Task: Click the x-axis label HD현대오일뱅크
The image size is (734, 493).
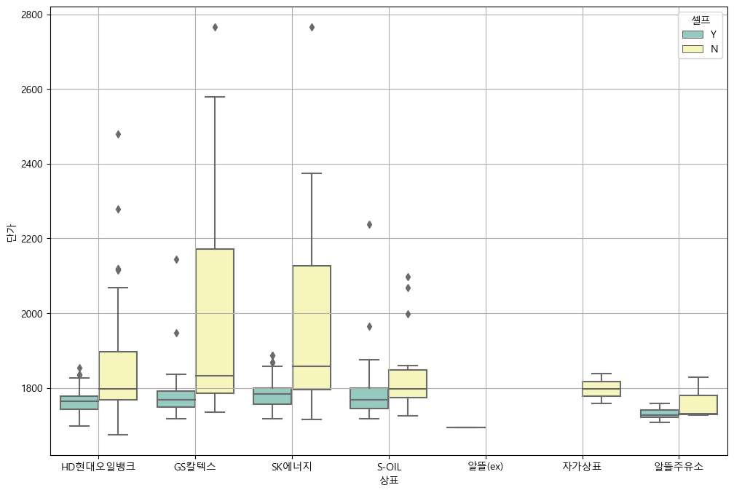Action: point(98,466)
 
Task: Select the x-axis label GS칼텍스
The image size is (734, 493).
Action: point(195,466)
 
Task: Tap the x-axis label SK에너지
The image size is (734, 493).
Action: point(292,466)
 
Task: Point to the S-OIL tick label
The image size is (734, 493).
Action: point(389,466)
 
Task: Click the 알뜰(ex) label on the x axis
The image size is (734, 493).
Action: point(486,466)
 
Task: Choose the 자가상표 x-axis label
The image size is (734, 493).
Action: point(583,466)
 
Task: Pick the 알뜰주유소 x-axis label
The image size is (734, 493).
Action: point(679,466)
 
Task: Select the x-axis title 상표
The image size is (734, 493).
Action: point(389,480)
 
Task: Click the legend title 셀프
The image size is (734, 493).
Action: point(701,19)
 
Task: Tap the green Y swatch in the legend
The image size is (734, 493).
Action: point(692,34)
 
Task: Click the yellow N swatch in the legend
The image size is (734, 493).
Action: point(692,49)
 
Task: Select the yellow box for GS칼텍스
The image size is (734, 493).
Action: point(215,320)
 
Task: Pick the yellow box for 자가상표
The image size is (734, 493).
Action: point(601,389)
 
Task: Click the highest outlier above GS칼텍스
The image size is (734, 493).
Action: point(215,27)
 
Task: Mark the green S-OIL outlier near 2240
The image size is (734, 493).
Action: point(369,224)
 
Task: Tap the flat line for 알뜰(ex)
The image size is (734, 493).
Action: point(466,427)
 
